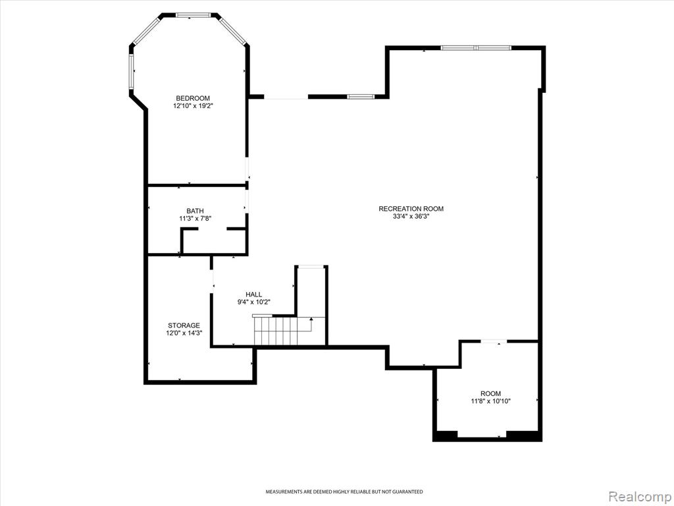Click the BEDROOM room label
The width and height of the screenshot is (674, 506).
coord(192,98)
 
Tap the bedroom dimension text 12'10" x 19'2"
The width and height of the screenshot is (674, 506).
coord(192,105)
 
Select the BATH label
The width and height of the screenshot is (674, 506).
coord(194,211)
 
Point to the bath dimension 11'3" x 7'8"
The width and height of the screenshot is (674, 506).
coord(194,218)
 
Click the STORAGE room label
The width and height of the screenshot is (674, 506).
coord(184,325)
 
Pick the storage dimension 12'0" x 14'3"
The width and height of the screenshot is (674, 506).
coord(184,333)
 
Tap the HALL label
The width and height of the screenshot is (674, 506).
coord(253,295)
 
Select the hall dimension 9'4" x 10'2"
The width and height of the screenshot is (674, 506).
coord(253,302)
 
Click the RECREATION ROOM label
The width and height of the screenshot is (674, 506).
coord(411,209)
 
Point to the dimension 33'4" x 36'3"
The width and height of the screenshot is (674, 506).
coord(411,216)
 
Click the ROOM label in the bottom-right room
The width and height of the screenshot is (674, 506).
coord(490,393)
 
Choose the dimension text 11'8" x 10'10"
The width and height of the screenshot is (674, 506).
coord(490,401)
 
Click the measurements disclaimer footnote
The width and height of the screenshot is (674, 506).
coord(344,492)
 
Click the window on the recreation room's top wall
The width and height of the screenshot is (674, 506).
coord(476,47)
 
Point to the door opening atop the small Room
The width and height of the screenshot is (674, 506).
coord(493,341)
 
